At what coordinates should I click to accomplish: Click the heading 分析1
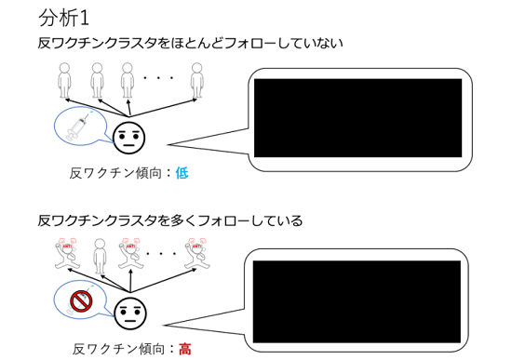click(x=64, y=19)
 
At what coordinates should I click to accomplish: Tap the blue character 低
click(x=182, y=173)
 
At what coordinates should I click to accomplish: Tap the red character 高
click(x=185, y=349)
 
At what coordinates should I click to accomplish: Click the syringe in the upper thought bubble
click(x=79, y=126)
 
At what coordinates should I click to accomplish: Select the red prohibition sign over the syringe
click(x=81, y=300)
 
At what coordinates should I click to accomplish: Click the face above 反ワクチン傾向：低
click(x=129, y=139)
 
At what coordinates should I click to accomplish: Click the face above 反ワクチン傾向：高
click(x=130, y=313)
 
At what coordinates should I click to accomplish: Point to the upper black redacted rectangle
click(x=357, y=118)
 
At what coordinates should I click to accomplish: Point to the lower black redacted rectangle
click(x=357, y=301)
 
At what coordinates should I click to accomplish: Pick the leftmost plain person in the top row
click(x=64, y=80)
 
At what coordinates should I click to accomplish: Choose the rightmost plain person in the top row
click(x=197, y=80)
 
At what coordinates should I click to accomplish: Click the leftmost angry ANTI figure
click(x=68, y=254)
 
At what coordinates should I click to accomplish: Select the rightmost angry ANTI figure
click(x=197, y=254)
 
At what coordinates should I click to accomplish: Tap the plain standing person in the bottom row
click(x=100, y=257)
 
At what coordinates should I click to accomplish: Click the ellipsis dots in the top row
click(x=158, y=78)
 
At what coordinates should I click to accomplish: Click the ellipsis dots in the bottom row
click(x=161, y=253)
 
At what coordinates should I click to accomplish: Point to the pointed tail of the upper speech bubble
click(x=168, y=144)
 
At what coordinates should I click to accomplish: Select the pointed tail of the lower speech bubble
click(x=165, y=325)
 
